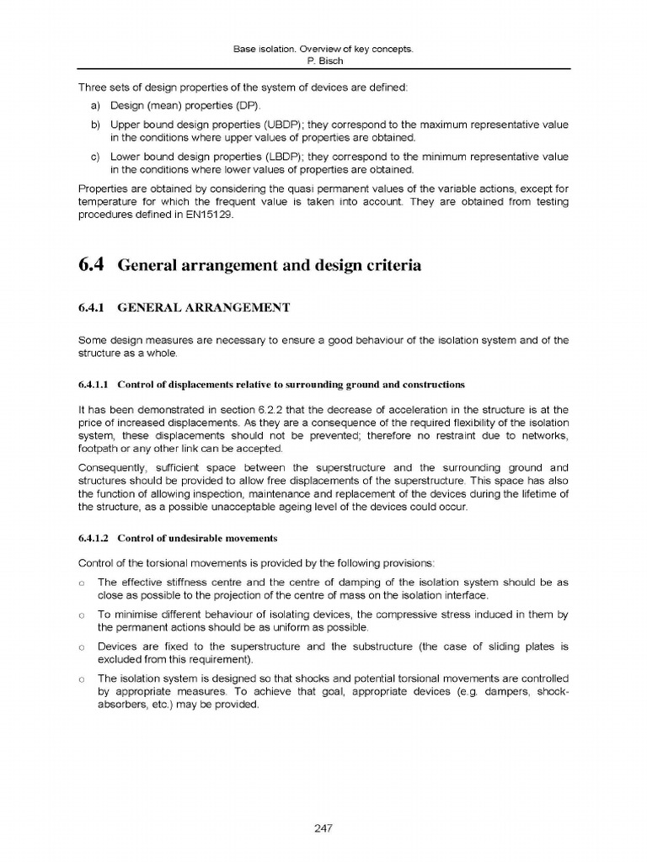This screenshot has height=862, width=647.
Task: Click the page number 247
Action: (x=323, y=828)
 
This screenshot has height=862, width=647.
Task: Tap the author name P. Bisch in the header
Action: (x=323, y=61)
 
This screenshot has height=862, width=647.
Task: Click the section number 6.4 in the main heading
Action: (x=90, y=265)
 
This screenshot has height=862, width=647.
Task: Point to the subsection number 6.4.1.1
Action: (x=94, y=385)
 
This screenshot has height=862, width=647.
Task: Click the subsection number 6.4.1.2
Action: (x=94, y=538)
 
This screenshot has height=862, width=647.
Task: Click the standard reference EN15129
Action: (x=204, y=215)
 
